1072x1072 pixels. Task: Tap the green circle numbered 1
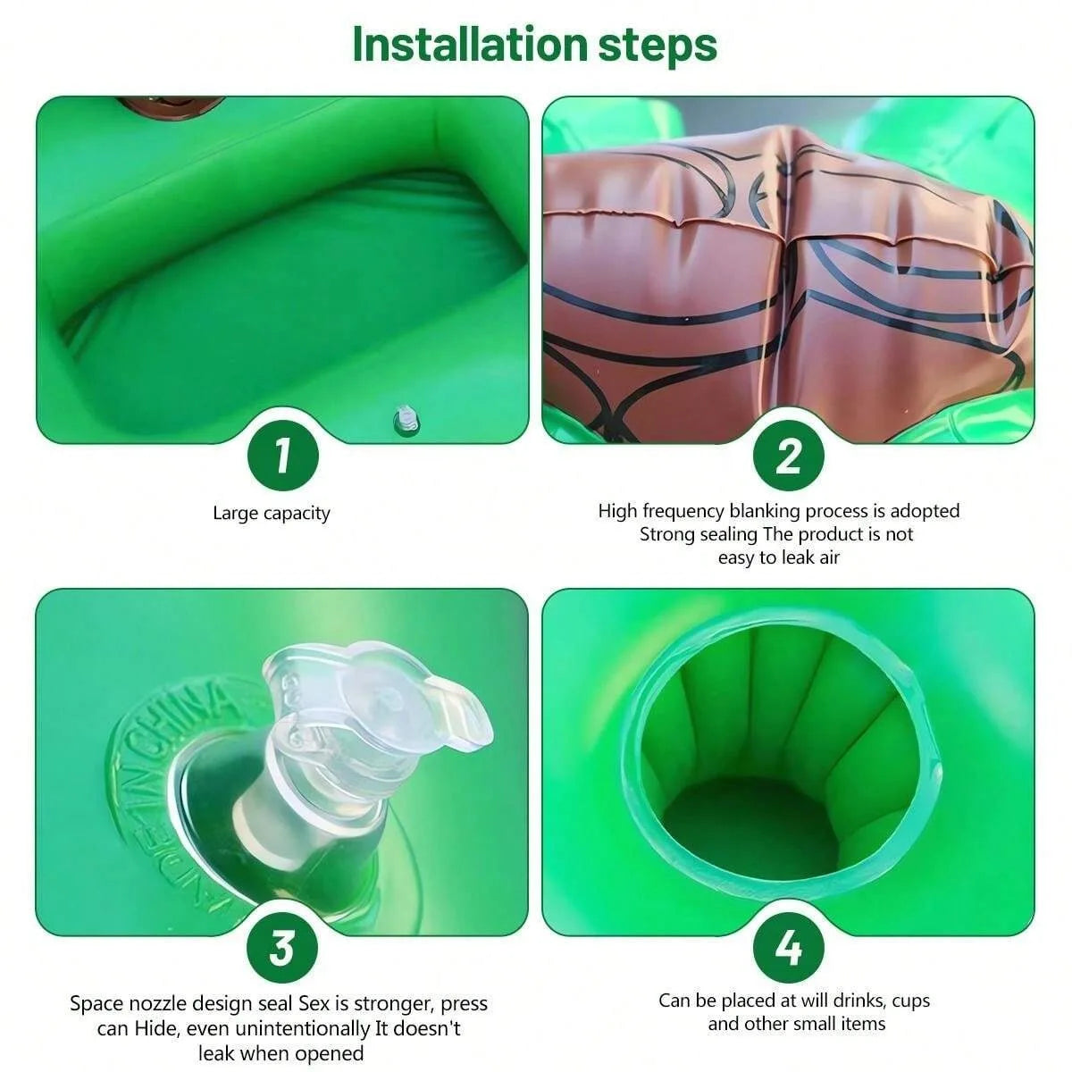[282, 456]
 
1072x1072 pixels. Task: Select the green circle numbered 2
[788, 456]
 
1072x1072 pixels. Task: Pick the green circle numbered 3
[282, 947]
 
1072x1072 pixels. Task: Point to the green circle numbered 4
[788, 947]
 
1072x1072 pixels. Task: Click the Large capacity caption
[272, 514]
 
